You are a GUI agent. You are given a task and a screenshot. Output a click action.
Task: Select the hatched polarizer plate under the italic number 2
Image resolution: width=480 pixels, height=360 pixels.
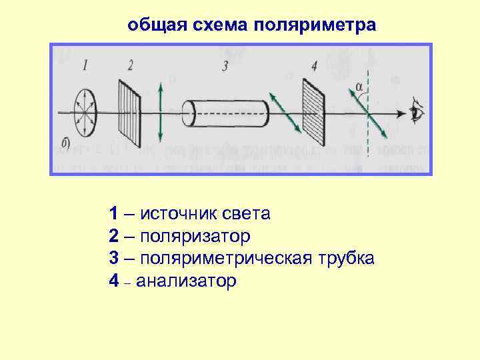coord(131,113)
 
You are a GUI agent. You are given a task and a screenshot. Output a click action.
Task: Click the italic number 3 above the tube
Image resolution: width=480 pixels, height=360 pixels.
coord(225,65)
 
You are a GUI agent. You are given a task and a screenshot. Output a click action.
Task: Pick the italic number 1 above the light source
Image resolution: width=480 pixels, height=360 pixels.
coord(84,65)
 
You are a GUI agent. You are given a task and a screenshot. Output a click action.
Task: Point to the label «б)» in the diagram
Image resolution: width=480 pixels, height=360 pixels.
coord(65,142)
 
